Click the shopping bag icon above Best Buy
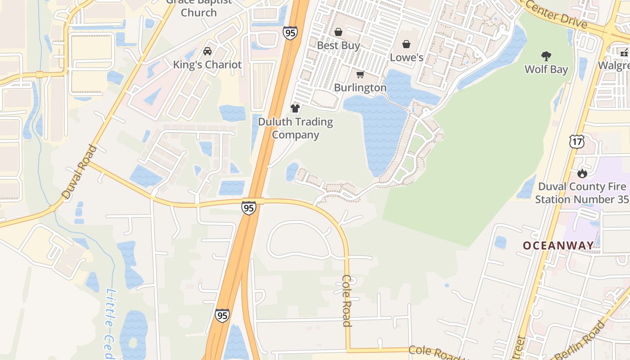pyautogui.click(x=338, y=32)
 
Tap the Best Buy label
pyautogui.click(x=338, y=45)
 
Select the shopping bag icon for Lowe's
pyautogui.click(x=406, y=44)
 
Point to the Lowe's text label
pyautogui.click(x=406, y=57)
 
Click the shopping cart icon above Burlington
pyautogui.click(x=360, y=74)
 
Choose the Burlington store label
pyautogui.click(x=360, y=87)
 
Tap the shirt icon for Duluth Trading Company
pyautogui.click(x=295, y=108)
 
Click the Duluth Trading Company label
pyautogui.click(x=296, y=128)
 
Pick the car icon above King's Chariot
pyautogui.click(x=207, y=51)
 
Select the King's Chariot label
pyautogui.click(x=207, y=64)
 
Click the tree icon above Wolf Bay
pyautogui.click(x=546, y=56)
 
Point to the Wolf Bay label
pyautogui.click(x=546, y=69)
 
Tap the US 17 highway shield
pyautogui.click(x=576, y=142)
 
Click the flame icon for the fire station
pyautogui.click(x=582, y=173)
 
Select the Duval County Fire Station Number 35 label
pyautogui.click(x=582, y=193)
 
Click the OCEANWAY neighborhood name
pyautogui.click(x=558, y=245)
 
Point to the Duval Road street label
pyautogui.click(x=80, y=172)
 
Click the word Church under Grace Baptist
pyautogui.click(x=198, y=12)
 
